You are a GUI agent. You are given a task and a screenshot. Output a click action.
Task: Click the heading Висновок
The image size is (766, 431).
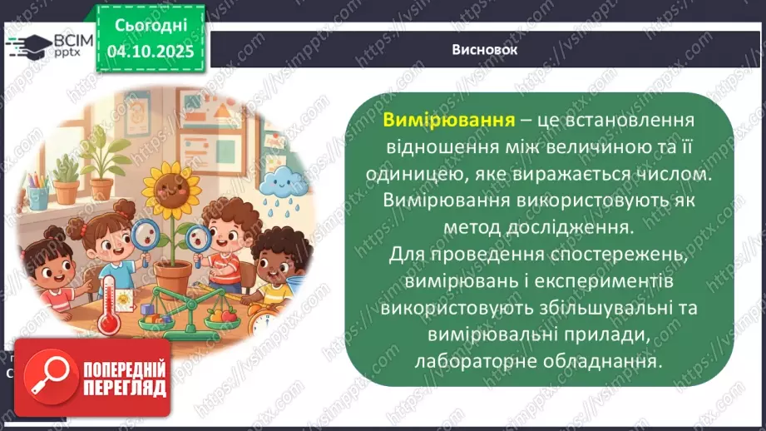[486, 50]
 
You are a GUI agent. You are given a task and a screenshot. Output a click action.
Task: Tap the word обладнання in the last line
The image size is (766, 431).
[602, 361]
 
